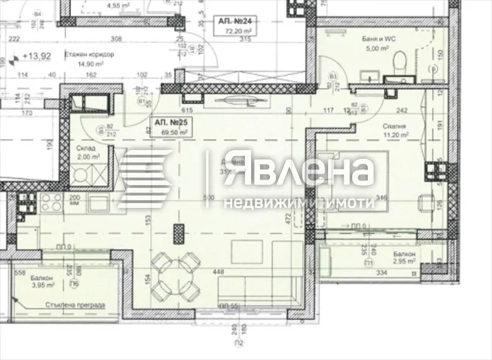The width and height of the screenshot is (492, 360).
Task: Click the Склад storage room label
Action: pos(86,147)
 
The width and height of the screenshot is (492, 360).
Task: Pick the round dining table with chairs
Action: pos(174,277)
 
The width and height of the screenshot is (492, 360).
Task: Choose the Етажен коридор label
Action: pos(90,55)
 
